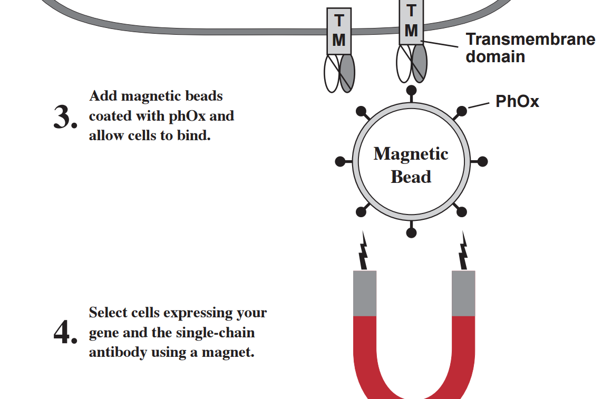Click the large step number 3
[x=64, y=118]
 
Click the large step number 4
[x=64, y=333]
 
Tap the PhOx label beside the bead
[x=517, y=101]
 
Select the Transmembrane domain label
[x=530, y=47]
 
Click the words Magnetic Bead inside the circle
[x=411, y=165]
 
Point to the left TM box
[x=339, y=31]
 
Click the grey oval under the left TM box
[x=347, y=73]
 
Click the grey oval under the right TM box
[x=420, y=63]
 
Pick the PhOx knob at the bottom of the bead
[x=411, y=232]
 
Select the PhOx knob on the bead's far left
[x=340, y=161]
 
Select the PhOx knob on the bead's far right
[x=482, y=161]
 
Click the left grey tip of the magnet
[x=365, y=293]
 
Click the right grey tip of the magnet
[x=463, y=293]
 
